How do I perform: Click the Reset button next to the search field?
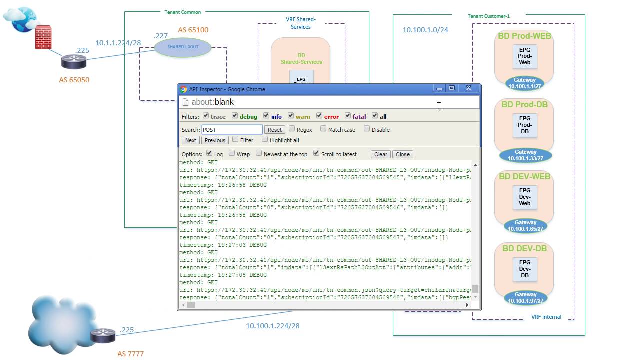(275, 130)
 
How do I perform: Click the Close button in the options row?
(403, 154)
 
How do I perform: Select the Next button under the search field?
(191, 140)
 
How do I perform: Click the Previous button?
(215, 140)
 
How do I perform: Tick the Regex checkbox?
(292, 129)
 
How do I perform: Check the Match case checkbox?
(323, 129)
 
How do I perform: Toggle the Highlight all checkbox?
(265, 139)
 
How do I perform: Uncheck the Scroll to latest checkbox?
(316, 153)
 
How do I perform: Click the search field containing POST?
(232, 130)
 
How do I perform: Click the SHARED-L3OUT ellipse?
(183, 47)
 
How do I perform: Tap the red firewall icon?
(43, 38)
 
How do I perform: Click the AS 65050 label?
(74, 80)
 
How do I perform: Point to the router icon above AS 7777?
(103, 335)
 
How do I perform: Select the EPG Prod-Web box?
(525, 56)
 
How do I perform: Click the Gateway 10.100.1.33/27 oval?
(525, 155)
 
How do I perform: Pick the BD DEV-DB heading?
(524, 248)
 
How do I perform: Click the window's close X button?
(468, 88)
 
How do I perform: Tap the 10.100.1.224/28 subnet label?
(272, 326)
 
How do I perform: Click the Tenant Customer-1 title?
(488, 16)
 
